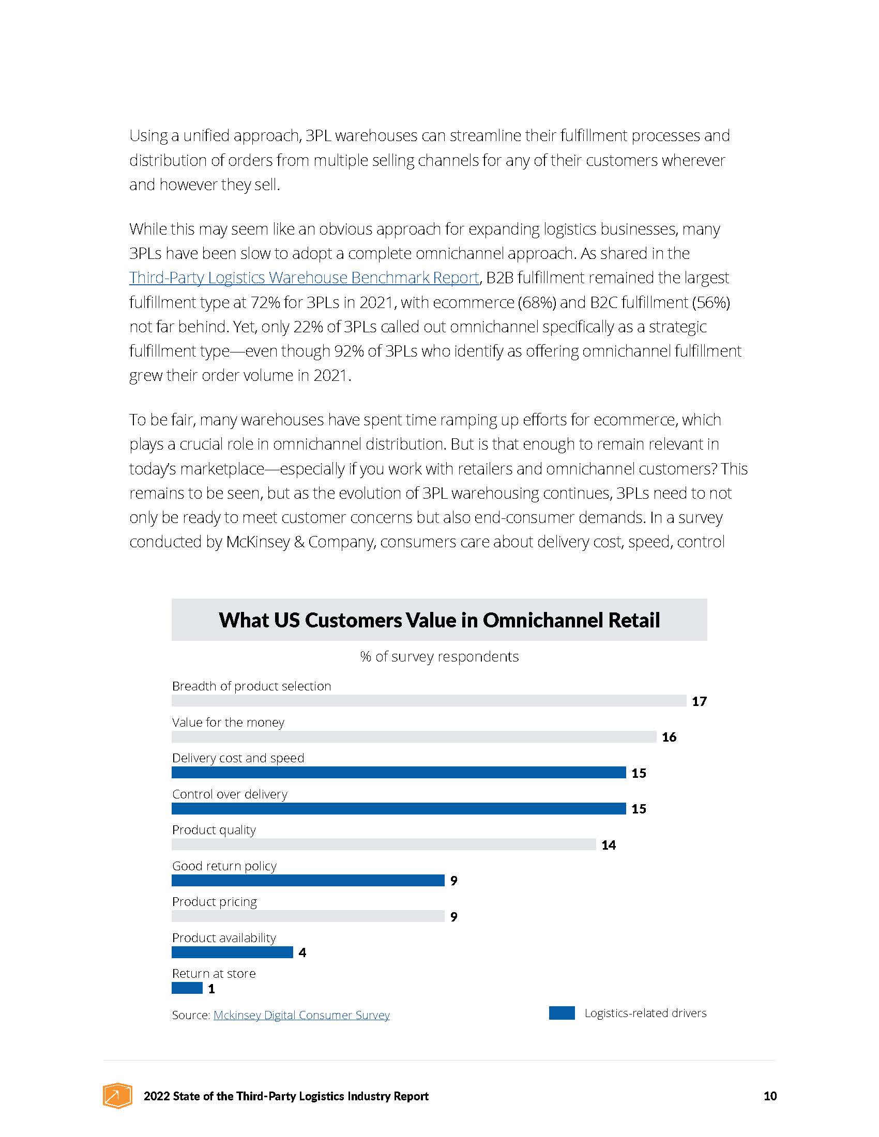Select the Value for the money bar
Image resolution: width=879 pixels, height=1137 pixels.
coord(414,736)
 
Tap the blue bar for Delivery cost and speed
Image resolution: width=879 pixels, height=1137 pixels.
coord(398,772)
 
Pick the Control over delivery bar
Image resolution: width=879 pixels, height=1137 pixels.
coord(398,808)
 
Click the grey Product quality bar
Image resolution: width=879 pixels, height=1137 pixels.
coord(383,844)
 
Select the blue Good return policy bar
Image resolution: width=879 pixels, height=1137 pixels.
coord(308,880)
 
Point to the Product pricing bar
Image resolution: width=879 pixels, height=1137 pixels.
coord(308,916)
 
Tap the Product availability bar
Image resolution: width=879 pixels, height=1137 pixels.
coord(232,951)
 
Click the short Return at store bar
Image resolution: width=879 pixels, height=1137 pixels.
coord(187,988)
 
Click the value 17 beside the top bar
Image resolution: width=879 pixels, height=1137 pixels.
coord(699,701)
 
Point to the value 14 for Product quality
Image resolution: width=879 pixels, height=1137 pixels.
coord(608,845)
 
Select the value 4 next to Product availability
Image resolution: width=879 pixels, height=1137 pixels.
coord(302,952)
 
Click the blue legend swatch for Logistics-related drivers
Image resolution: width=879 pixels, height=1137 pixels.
coord(562,1012)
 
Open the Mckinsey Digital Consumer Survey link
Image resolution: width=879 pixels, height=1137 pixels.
coord(301,1015)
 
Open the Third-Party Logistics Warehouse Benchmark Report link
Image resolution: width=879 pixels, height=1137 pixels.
coord(304,278)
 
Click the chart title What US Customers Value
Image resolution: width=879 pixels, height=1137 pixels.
coord(439,620)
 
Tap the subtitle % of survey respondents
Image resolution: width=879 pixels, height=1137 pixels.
coord(439,656)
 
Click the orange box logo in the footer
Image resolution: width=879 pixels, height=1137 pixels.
coord(117,1095)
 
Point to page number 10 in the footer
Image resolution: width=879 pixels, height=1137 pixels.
coord(770,1096)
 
